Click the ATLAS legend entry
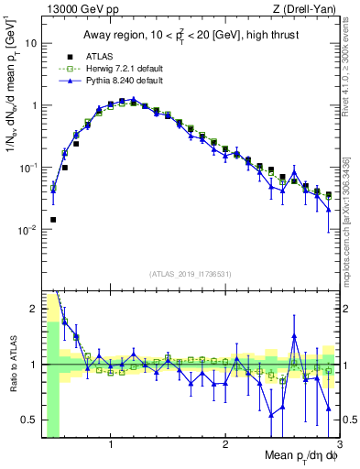coord(100,56)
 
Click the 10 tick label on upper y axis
coord(30,43)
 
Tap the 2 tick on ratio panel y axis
coord(34,309)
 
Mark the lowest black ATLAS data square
coord(53,220)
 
